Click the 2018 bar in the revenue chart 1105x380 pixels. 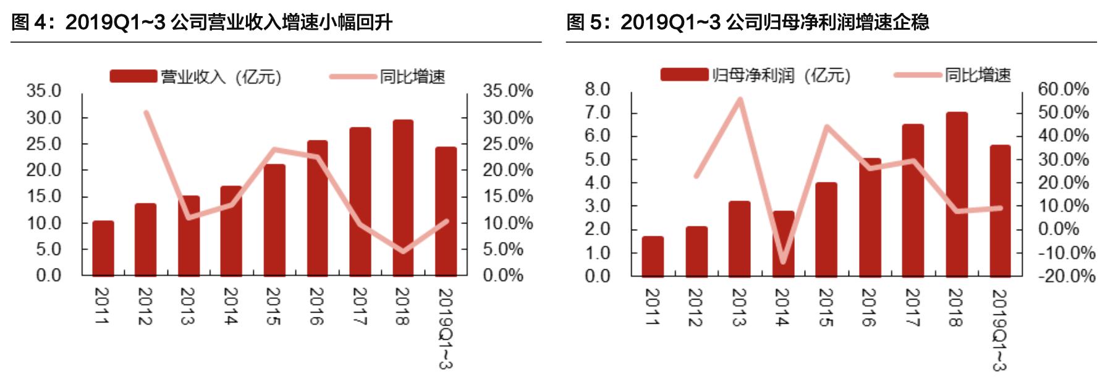[403, 198]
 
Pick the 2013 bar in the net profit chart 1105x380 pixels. [739, 238]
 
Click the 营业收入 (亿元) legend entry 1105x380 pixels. [195, 77]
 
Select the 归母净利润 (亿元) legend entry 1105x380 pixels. [755, 76]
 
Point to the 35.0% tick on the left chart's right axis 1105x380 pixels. [507, 91]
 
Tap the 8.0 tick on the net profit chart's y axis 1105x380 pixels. [597, 89]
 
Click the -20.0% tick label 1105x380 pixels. [1066, 275]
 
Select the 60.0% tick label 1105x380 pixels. [1063, 89]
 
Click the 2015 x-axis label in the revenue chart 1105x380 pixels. [273, 306]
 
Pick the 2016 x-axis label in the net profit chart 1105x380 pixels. [869, 308]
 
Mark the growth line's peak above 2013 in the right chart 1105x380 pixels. [739, 99]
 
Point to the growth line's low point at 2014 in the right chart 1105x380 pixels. [783, 261]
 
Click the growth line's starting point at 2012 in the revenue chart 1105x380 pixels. [146, 113]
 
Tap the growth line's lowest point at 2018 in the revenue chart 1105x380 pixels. [403, 251]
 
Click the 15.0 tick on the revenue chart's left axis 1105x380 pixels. [44, 196]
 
